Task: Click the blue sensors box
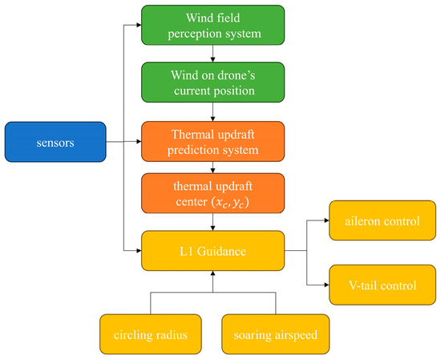click(55, 143)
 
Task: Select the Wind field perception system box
click(212, 26)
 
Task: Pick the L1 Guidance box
click(212, 251)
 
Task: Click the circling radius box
click(151, 334)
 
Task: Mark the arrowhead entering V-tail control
click(325, 285)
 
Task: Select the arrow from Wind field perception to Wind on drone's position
click(212, 55)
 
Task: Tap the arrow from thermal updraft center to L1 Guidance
click(212, 224)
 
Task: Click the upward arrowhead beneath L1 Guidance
click(212, 275)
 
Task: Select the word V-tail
click(362, 285)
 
